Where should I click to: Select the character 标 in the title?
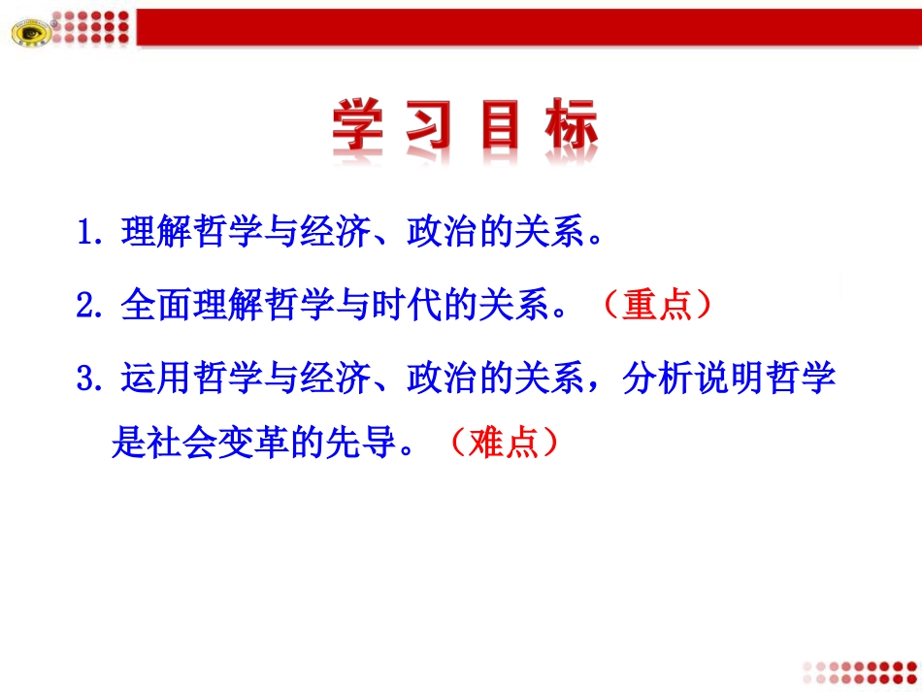(x=571, y=128)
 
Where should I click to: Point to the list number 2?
(x=88, y=306)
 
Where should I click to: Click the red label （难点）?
(x=504, y=444)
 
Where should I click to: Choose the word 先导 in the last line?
(x=361, y=444)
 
